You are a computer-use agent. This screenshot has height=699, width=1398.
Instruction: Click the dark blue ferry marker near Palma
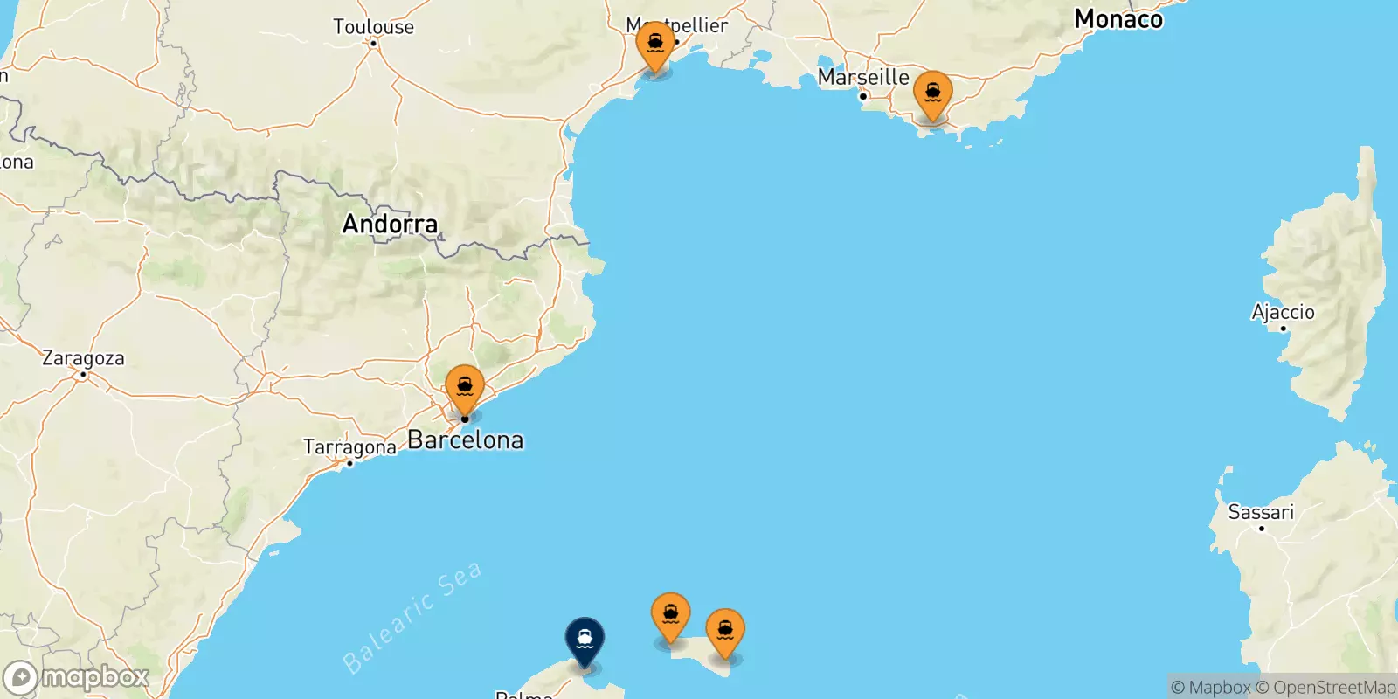[585, 640]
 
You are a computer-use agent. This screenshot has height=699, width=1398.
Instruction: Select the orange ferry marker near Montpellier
[655, 44]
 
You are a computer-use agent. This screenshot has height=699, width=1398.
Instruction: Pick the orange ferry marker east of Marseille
[932, 93]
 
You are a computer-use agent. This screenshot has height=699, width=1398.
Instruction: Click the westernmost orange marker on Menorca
[670, 615]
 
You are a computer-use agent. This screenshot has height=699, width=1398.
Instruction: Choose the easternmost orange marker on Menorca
[725, 631]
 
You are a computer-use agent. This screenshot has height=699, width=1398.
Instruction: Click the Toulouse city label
[373, 27]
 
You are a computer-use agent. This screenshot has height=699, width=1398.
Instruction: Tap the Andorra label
[390, 225]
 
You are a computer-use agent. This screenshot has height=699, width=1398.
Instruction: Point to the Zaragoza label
[83, 358]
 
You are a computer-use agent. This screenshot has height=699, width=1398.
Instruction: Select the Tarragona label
[349, 447]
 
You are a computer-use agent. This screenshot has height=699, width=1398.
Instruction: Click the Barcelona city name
[466, 440]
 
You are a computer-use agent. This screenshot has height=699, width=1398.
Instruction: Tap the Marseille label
[863, 78]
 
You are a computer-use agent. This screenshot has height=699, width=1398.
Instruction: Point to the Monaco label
[1118, 19]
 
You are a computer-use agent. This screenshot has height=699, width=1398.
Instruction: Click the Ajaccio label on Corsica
[1283, 312]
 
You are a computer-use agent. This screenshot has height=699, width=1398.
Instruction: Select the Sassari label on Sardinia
[1261, 512]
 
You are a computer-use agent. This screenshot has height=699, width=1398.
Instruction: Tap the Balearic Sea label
[412, 618]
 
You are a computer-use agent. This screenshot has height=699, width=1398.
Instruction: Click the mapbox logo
[77, 678]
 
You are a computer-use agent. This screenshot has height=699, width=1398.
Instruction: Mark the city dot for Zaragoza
[83, 375]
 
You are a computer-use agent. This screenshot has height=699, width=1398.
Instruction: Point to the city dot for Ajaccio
[1283, 329]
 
